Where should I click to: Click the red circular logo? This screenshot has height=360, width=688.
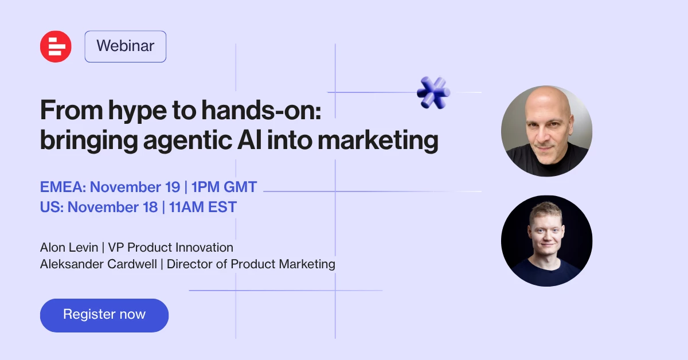(56, 46)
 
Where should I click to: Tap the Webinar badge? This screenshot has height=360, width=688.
(126, 46)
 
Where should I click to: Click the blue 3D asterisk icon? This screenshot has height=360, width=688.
(433, 92)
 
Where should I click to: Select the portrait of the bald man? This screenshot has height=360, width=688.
(547, 131)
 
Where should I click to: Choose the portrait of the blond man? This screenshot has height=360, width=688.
(547, 241)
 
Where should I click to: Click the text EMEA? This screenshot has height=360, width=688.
(63, 187)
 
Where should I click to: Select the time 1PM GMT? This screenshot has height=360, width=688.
(224, 187)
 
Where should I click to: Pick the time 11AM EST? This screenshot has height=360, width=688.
(203, 207)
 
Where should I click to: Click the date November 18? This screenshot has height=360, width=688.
(112, 207)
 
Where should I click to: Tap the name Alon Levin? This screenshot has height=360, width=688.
(69, 247)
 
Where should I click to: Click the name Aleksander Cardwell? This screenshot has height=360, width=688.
(98, 264)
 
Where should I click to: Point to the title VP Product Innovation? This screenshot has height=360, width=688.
(170, 247)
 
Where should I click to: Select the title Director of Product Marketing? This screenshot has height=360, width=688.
(251, 264)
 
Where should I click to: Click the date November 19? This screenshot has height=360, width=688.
(135, 187)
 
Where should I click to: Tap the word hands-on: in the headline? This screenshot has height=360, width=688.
(261, 110)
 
